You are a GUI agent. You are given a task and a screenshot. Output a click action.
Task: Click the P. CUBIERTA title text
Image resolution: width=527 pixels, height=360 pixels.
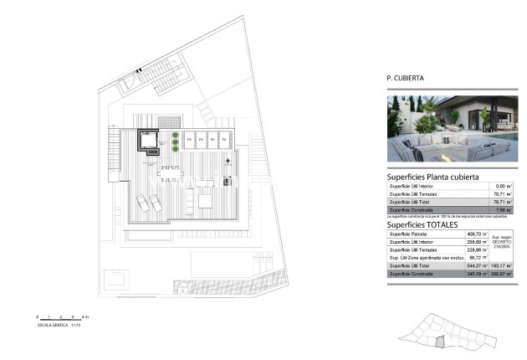coord(405,78)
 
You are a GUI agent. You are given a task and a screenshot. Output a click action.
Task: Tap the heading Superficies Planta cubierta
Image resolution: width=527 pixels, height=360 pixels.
coord(432,177)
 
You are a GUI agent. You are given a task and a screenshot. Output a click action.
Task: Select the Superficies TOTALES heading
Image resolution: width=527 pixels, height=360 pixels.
coord(422,225)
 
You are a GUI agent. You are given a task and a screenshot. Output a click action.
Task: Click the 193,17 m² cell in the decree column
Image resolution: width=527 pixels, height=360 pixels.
coord(501,265)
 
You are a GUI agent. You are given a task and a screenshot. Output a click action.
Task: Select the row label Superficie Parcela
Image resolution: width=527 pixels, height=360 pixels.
coord(409,234)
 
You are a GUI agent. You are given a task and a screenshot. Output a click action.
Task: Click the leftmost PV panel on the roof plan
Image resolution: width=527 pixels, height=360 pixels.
coord(190,139)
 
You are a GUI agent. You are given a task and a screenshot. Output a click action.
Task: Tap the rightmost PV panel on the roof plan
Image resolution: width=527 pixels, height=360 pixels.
coord(224,139)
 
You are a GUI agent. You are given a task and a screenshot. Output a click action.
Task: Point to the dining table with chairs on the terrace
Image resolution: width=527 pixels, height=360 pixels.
coord(171,173)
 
